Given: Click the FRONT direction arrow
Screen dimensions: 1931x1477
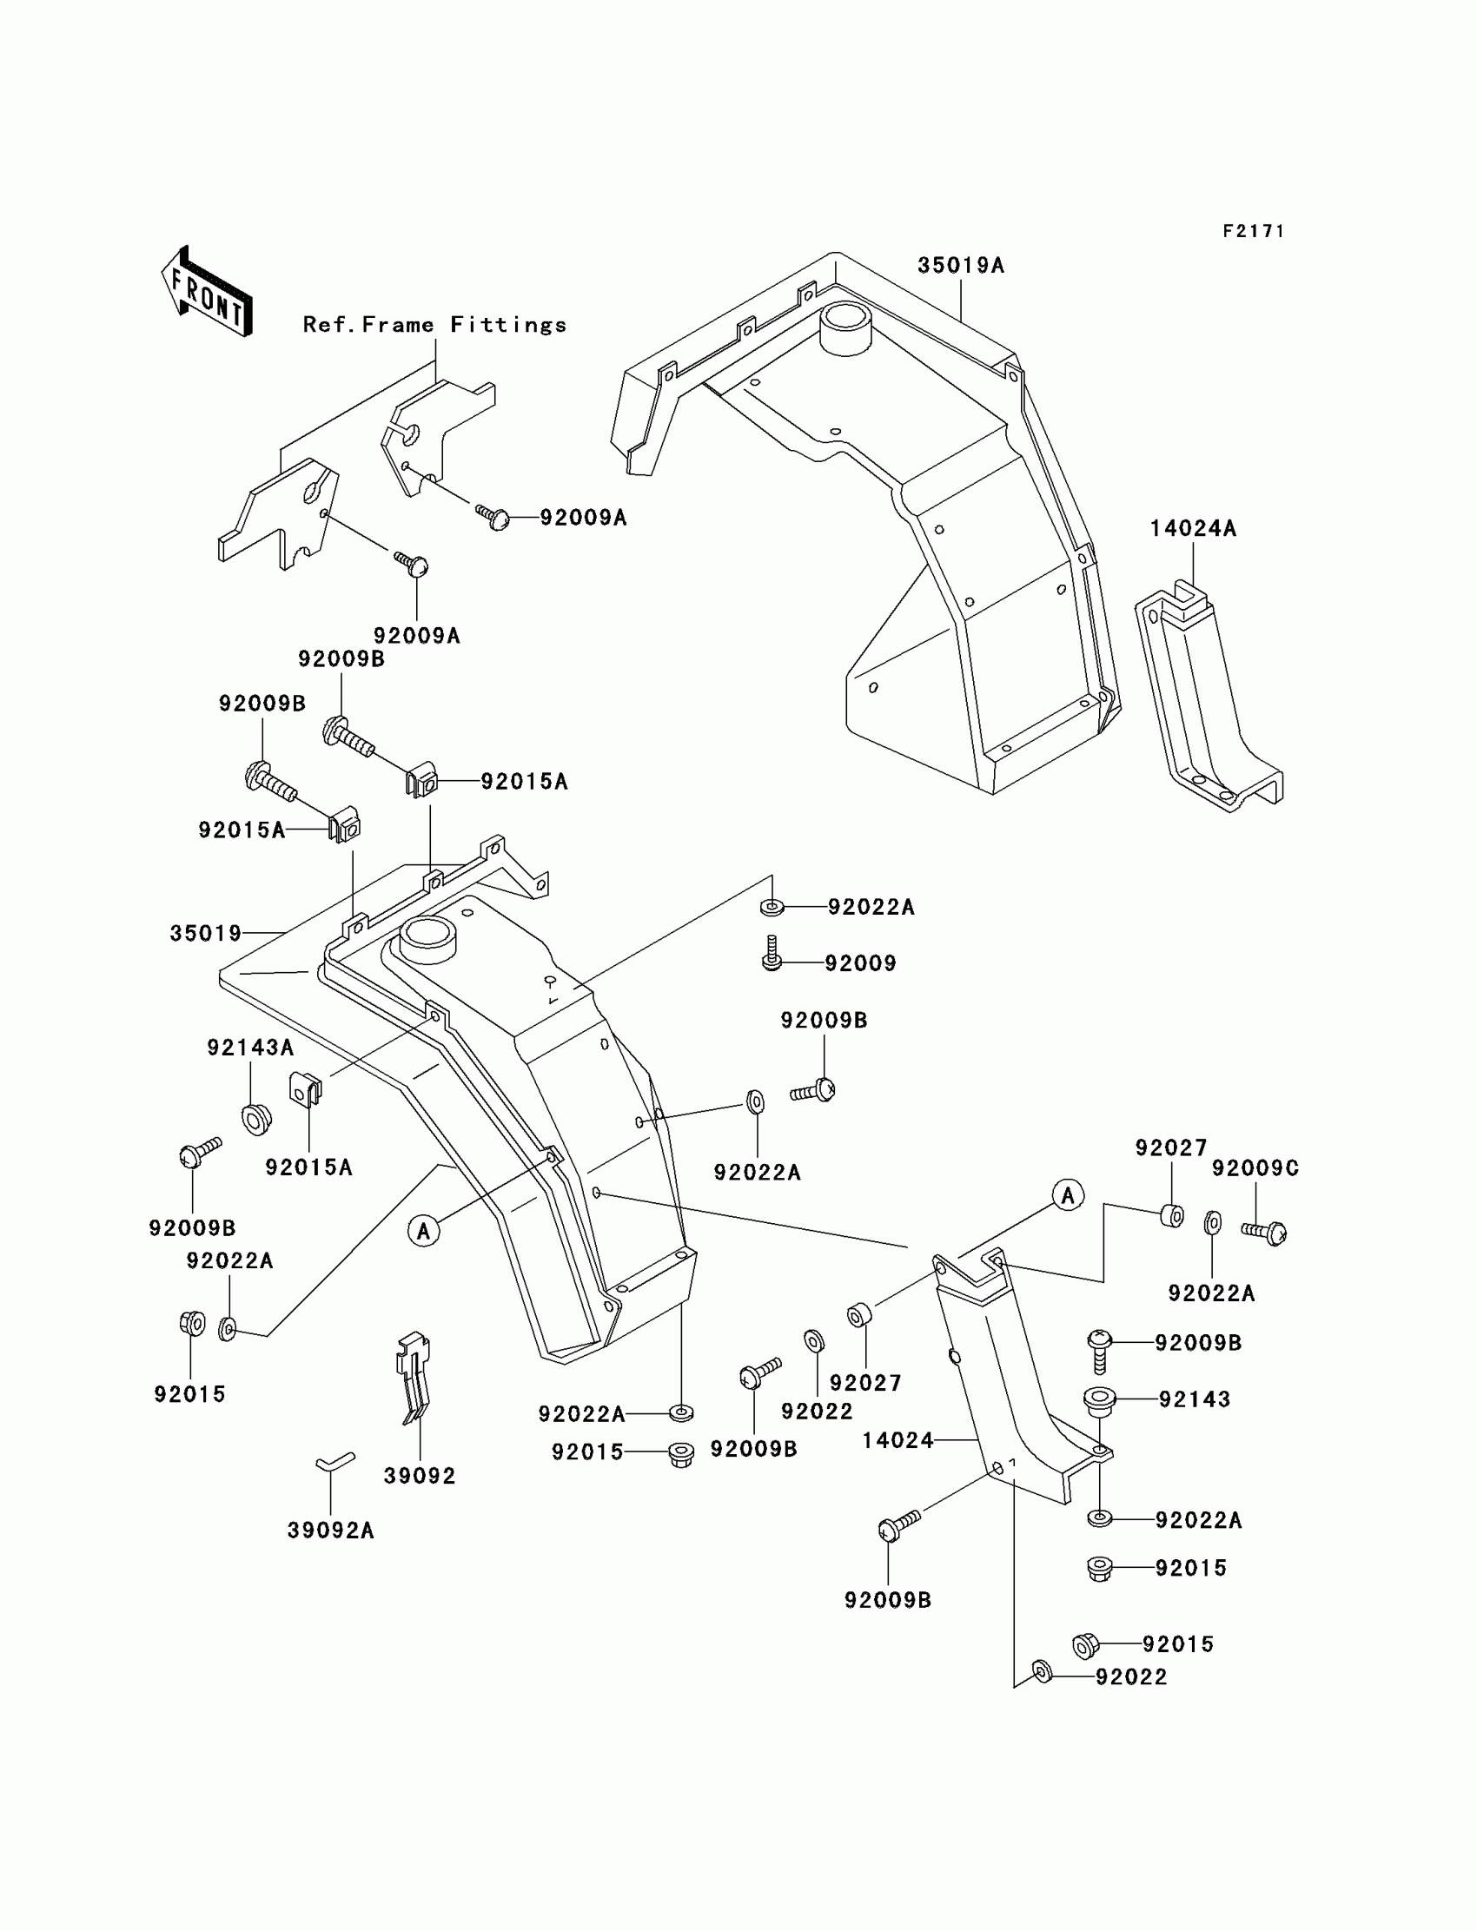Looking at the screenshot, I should (x=207, y=292).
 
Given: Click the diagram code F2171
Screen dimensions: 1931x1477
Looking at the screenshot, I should (x=1254, y=231).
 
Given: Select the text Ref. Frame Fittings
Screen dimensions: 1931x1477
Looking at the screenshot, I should (x=434, y=325).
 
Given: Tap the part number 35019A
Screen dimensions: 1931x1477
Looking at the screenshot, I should (x=960, y=266).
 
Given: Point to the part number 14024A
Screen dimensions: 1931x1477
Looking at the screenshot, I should (x=1193, y=528).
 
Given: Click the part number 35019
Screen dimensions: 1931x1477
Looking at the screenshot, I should (x=206, y=933).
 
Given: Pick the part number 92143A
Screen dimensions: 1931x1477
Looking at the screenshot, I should (x=249, y=1047).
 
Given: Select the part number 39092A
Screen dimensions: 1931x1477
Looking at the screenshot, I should (x=330, y=1531).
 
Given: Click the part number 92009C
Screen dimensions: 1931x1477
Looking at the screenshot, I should (x=1255, y=1168).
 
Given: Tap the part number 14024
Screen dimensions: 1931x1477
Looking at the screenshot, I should (x=897, y=1440).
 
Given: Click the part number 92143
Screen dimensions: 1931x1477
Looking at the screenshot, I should (x=1194, y=1399).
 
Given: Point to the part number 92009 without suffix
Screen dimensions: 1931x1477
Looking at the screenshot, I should (x=860, y=963).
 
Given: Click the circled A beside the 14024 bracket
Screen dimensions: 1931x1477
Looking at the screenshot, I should (x=1068, y=1195).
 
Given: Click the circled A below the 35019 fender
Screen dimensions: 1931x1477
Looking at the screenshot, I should (x=424, y=1231).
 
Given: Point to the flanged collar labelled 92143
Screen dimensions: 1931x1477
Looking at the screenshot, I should (x=1100, y=1400).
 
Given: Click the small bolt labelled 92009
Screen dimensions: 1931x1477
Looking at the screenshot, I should (x=772, y=954).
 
